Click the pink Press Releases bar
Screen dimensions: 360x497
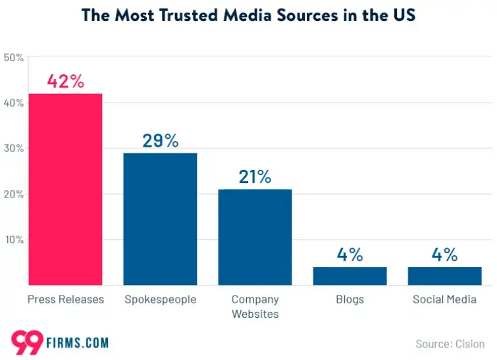(65, 190)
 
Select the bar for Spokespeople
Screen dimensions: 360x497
(160, 219)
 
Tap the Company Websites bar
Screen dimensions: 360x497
(255, 237)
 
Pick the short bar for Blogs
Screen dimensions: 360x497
(350, 276)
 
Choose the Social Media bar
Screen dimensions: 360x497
(444, 276)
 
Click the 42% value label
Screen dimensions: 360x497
(65, 82)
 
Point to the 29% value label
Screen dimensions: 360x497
(160, 141)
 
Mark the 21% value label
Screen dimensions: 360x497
(255, 177)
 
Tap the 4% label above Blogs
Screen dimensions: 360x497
(350, 255)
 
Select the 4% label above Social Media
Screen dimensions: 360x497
(444, 255)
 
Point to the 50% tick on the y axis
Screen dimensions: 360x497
(14, 58)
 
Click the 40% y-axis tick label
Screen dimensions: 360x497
(14, 103)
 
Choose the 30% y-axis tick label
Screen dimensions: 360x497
(14, 149)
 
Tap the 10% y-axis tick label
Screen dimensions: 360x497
(14, 240)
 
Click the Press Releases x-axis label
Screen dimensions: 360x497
(65, 300)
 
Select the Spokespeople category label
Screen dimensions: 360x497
(160, 300)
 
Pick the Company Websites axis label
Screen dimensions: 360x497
(255, 307)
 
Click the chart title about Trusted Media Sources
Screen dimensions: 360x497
(248, 16)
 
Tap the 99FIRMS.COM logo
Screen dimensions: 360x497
(60, 342)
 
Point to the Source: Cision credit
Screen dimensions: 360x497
(450, 344)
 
